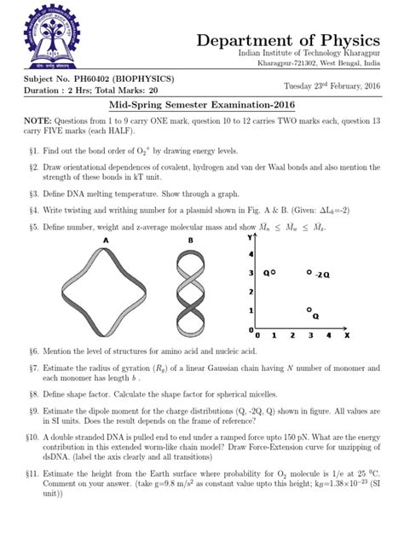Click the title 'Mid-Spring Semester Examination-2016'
click(x=201, y=105)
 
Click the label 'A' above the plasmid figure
click(x=107, y=241)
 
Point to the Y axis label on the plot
click(x=251, y=238)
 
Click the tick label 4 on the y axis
click(x=250, y=253)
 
